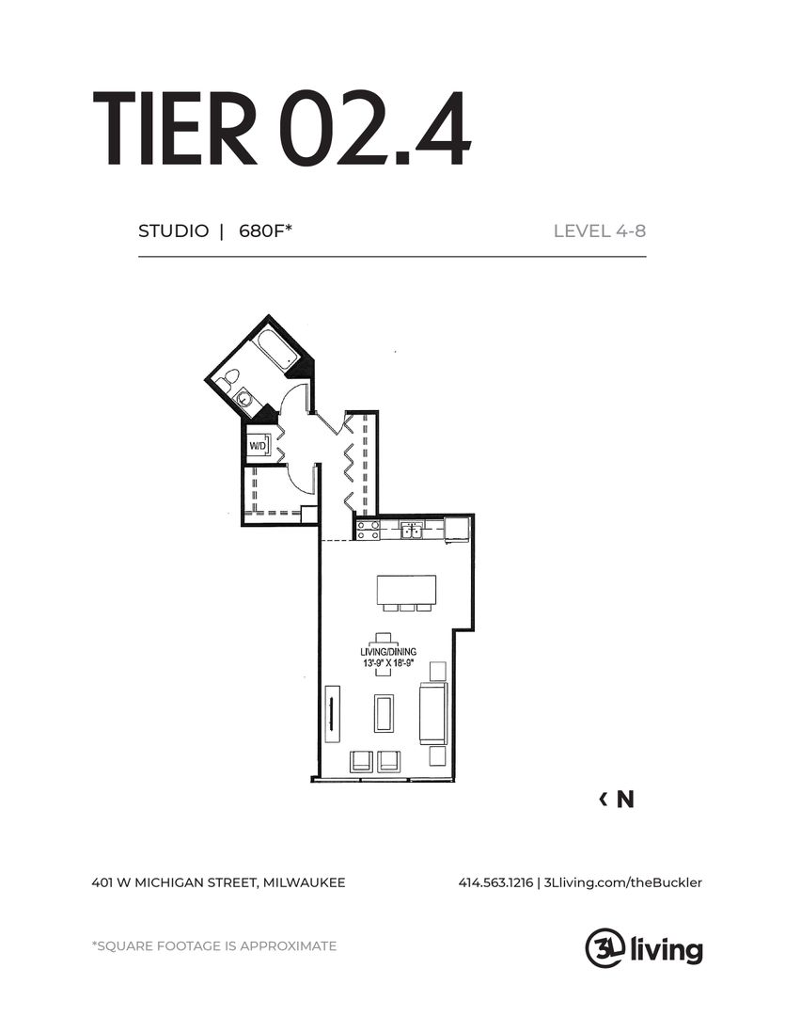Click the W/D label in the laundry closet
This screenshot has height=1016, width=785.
[256, 445]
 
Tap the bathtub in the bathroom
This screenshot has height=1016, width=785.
[278, 349]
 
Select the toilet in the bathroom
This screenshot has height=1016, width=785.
[226, 380]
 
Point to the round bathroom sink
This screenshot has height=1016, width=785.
[244, 399]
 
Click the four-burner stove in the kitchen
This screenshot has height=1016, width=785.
[368, 530]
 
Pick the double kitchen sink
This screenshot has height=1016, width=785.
[411, 531]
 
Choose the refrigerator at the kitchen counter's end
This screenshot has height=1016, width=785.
[457, 529]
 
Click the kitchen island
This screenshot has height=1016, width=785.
[407, 591]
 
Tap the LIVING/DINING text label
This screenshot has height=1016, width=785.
[388, 651]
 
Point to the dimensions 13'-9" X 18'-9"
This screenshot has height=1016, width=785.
[388, 663]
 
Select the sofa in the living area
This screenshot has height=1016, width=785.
[432, 714]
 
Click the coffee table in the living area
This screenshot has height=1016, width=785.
[384, 713]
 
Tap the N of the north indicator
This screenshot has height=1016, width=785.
[625, 800]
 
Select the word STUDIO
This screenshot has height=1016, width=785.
[173, 230]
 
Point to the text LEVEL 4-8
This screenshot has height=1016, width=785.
[599, 230]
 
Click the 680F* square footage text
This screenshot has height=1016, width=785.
[266, 230]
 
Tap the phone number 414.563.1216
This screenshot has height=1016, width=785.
[495, 882]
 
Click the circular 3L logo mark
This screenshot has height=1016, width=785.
[603, 946]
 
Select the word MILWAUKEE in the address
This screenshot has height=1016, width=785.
[304, 882]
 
